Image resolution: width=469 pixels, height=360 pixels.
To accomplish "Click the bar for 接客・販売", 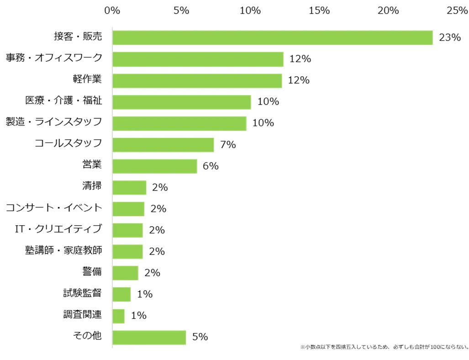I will tap(272, 38).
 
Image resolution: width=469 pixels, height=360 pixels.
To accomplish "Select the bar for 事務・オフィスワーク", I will tap(198, 59).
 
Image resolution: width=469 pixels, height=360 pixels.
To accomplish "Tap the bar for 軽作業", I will tap(197, 80).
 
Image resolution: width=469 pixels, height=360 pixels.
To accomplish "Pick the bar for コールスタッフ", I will tap(163, 145).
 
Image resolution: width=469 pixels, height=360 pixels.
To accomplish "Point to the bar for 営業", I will tap(154, 166).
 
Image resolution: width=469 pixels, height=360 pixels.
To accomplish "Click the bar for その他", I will tap(149, 337).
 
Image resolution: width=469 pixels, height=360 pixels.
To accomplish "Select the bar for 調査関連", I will tap(118, 316).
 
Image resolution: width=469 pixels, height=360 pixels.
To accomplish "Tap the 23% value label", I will tap(449, 38).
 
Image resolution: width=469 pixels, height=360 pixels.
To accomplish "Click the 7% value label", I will tap(227, 145).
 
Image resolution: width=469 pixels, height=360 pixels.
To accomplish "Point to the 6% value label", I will tap(211, 166).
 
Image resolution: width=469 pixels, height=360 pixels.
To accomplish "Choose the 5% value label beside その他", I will tap(200, 337).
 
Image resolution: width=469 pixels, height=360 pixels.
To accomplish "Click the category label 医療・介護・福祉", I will tap(63, 101).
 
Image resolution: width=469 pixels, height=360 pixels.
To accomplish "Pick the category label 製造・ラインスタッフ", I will tap(54, 122).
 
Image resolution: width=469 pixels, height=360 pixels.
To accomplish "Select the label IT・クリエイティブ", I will tap(59, 229).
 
